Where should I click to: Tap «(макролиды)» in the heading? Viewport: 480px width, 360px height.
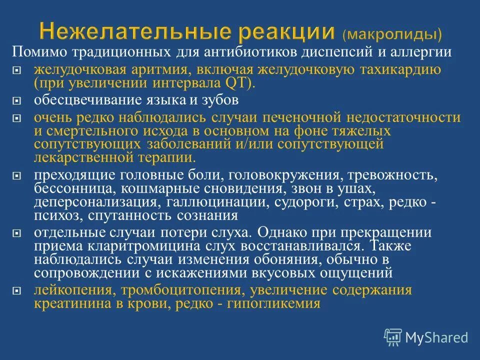coord(392,34)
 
